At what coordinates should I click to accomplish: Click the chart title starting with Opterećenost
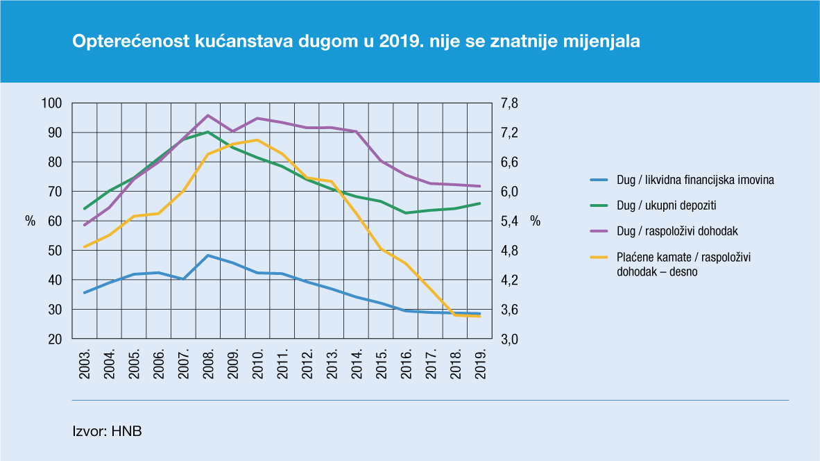point(356,42)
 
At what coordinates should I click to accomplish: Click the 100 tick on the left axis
point(53,103)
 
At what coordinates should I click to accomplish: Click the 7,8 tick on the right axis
point(510,103)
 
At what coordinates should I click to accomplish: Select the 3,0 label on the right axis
point(510,340)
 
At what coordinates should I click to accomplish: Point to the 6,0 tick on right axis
point(510,192)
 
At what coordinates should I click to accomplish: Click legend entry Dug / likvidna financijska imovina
point(695,180)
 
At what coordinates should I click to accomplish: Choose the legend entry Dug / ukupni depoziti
point(666,206)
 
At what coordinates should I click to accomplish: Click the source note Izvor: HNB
point(107,431)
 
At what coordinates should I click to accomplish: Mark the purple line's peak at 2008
point(208,115)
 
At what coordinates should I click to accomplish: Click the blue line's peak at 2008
point(208,255)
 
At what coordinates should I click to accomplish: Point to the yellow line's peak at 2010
point(257,140)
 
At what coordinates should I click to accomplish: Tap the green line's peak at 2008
point(208,132)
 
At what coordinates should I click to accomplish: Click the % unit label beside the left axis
point(30,221)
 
